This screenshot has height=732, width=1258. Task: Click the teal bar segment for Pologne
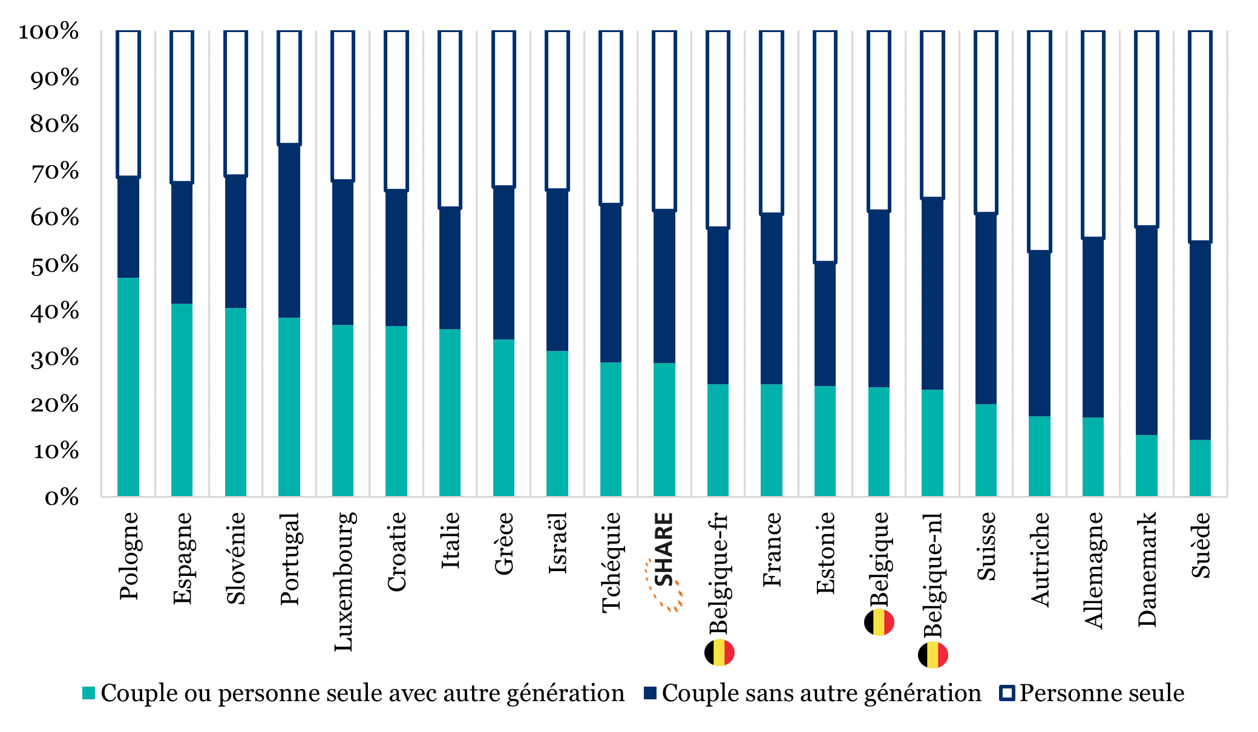click(x=128, y=387)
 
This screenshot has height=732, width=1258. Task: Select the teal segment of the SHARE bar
click(x=664, y=430)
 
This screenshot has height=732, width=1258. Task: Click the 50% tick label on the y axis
click(x=55, y=264)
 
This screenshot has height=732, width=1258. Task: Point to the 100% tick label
click(x=49, y=31)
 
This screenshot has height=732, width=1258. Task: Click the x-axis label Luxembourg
click(x=344, y=581)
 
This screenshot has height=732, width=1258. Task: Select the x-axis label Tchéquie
click(x=611, y=562)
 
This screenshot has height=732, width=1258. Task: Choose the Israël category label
click(x=558, y=543)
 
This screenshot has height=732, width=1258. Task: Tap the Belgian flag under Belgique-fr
click(x=719, y=653)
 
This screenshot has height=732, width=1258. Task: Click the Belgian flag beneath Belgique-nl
click(x=932, y=655)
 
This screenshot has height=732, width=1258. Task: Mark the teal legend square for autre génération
click(x=89, y=693)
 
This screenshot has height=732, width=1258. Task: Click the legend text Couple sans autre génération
click(x=821, y=693)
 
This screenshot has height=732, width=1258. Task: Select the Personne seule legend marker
click(x=1006, y=693)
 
